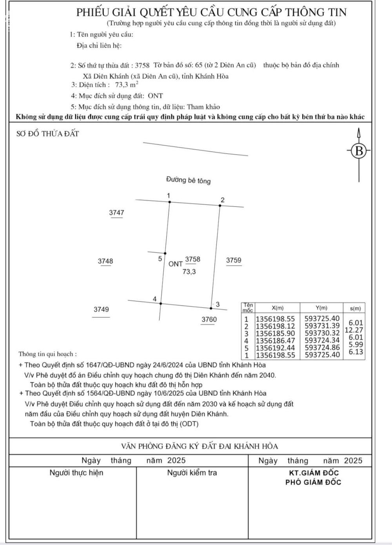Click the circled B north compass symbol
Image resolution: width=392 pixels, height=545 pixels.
pyautogui.click(x=359, y=151)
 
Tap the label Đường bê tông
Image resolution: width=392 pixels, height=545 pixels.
pyautogui.click(x=188, y=180)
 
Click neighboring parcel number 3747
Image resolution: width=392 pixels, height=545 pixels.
pyautogui.click(x=116, y=213)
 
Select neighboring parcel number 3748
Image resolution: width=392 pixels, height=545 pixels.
pyautogui.click(x=105, y=261)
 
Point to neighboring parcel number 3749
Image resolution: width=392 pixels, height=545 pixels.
pyautogui.click(x=101, y=309)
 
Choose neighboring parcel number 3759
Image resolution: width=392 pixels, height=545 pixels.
pyautogui.click(x=234, y=260)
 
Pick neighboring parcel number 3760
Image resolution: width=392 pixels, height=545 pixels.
pyautogui.click(x=209, y=320)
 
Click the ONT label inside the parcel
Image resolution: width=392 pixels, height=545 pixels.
pyautogui.click(x=176, y=264)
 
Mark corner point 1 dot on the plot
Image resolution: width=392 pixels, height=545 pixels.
pyautogui.click(x=170, y=202)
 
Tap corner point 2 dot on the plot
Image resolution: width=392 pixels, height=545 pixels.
pyautogui.click(x=220, y=205)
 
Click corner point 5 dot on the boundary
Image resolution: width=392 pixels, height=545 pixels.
pyautogui.click(x=165, y=253)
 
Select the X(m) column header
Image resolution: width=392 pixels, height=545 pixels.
pyautogui.click(x=277, y=308)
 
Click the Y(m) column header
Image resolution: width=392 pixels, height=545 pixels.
pyautogui.click(x=321, y=308)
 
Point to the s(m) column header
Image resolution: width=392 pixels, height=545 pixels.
pyautogui.click(x=354, y=308)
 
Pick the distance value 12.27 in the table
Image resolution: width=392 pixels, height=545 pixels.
pyautogui.click(x=354, y=330)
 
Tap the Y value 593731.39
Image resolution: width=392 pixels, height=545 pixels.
pyautogui.click(x=322, y=326)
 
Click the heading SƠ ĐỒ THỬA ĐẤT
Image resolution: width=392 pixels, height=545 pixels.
pyautogui.click(x=48, y=134)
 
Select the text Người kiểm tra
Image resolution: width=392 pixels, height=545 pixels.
pyautogui.click(x=192, y=473)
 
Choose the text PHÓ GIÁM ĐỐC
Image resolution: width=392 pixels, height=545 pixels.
pyautogui.click(x=313, y=482)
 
